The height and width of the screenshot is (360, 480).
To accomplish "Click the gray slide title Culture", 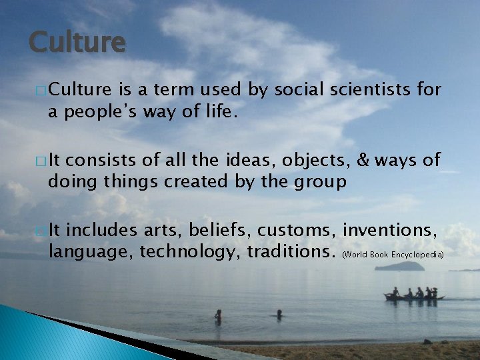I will point(77,42).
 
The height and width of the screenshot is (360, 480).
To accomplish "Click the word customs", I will point(297,231).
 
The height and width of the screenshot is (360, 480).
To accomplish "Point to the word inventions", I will point(389,231).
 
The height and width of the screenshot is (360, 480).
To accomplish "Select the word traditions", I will point(291,253).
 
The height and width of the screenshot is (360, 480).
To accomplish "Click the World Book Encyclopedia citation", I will point(393,255).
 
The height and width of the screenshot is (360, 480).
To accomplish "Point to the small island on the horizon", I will point(399,266).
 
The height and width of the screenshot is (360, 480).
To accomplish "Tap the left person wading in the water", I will point(218,315).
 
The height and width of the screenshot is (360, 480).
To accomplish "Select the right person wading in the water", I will point(279,313).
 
